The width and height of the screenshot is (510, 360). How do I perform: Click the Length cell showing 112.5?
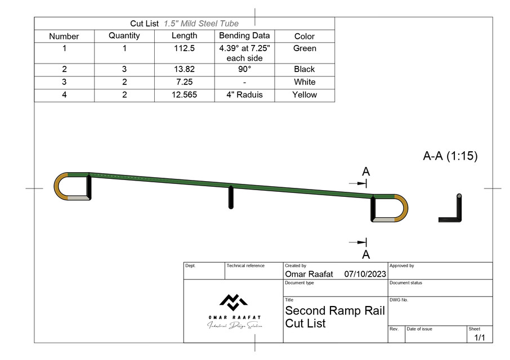point(184,48)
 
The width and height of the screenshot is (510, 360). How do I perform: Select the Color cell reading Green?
point(305,48)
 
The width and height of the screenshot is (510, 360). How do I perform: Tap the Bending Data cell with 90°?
point(244,69)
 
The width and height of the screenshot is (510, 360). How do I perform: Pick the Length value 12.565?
point(184,94)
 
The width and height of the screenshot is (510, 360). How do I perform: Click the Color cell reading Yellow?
point(305,94)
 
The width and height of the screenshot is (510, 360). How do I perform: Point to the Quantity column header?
point(124,36)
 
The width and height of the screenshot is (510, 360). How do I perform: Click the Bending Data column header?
point(244,36)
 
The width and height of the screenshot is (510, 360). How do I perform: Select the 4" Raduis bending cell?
point(244,94)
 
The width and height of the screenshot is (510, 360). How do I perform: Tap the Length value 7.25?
point(184,82)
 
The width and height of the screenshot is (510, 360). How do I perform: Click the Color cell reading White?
point(305,82)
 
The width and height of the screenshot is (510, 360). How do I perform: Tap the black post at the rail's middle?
point(231,197)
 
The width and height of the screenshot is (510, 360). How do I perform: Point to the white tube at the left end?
point(79,197)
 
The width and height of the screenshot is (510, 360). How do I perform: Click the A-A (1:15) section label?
point(450,156)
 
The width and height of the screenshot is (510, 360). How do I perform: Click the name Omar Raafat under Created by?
point(309,274)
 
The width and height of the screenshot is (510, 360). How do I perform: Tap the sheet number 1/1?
point(480,337)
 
